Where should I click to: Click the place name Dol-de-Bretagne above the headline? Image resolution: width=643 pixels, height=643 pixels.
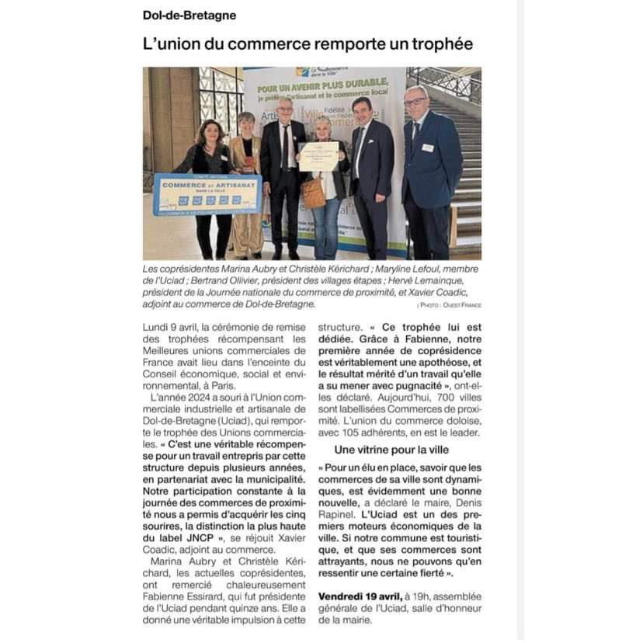[x=189, y=15]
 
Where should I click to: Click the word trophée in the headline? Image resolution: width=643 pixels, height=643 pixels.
[x=436, y=44]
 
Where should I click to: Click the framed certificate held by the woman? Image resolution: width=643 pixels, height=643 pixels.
[x=317, y=156]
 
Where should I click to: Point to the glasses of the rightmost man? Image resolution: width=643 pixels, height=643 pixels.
[x=415, y=102]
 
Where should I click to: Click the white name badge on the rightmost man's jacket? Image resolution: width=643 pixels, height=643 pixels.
[x=427, y=148]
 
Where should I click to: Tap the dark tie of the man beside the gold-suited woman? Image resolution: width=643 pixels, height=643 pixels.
[x=285, y=148]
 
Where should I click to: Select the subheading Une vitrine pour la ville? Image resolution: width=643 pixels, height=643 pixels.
[x=391, y=450]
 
